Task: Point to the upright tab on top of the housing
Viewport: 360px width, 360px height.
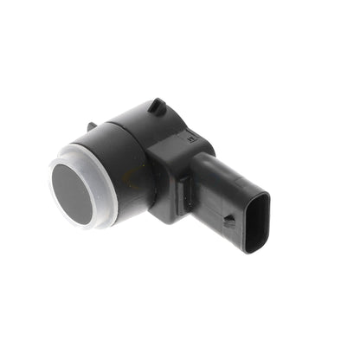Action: (x=157, y=107)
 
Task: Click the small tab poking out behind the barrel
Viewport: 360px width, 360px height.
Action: (x=92, y=126)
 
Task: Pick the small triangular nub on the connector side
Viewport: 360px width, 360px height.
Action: (x=228, y=220)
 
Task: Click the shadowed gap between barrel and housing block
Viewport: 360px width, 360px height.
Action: (x=149, y=186)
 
